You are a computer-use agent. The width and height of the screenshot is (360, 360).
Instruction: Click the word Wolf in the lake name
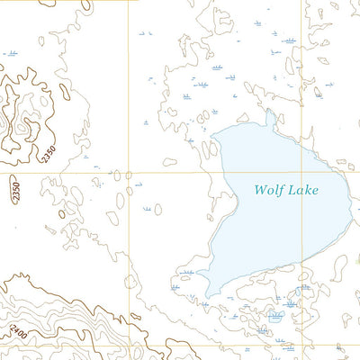(268, 190)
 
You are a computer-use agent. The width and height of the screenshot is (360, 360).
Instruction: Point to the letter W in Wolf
(259, 190)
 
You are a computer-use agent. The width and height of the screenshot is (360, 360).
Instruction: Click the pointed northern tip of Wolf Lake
(267, 112)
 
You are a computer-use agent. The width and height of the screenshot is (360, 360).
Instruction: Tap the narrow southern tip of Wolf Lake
(209, 296)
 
